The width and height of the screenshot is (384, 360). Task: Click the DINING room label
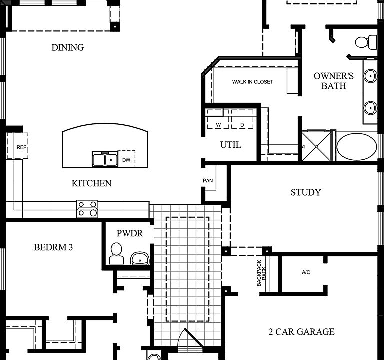coord(68,48)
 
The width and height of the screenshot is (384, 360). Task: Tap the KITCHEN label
coord(92,183)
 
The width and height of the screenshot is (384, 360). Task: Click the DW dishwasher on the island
coord(126,160)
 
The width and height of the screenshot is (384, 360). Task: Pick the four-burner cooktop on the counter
coord(87,208)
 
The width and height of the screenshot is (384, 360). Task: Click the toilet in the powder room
coord(116,254)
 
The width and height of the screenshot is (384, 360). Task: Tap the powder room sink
coord(140,259)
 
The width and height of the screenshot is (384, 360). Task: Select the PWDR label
coord(130,233)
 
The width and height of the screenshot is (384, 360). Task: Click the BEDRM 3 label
coord(53,247)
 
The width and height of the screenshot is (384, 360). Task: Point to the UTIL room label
coord(231,145)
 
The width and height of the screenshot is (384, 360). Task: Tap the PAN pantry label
coord(208,180)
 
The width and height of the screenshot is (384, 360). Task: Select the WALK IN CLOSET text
coord(253,82)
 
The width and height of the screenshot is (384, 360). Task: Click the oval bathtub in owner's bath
coord(357,147)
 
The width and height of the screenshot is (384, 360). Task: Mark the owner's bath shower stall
coord(316,147)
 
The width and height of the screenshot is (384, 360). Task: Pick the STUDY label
coord(306,192)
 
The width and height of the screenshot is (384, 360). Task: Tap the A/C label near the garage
coord(306,272)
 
